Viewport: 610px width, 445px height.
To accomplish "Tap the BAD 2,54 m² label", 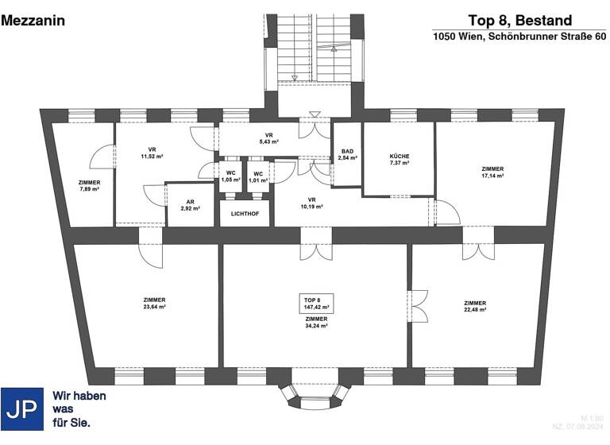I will click(347, 155).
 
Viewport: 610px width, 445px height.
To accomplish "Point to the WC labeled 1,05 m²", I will click(230, 176).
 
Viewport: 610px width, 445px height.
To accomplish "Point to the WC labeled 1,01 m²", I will click(257, 176).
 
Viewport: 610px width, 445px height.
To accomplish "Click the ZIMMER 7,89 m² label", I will click(89, 186).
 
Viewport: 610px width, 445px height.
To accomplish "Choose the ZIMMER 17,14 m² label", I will click(492, 172).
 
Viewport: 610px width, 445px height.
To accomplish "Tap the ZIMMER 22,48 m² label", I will click(475, 307).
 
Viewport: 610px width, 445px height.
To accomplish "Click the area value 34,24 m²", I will click(316, 326).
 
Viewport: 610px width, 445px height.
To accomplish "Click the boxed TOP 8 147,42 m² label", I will click(316, 302).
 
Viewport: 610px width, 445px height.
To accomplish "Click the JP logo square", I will click(22, 409).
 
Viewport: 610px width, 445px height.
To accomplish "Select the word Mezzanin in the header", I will click(33, 21).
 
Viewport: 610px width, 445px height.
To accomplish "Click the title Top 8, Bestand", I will click(519, 20).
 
